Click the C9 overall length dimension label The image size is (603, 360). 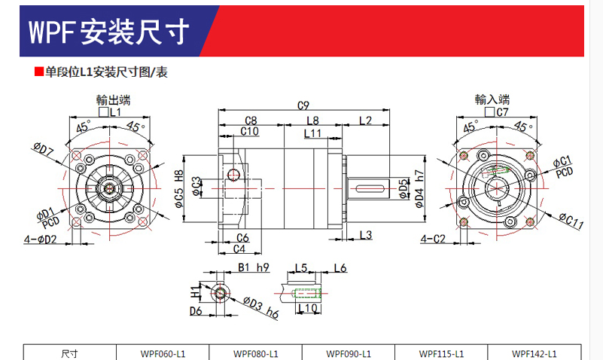[x=303, y=105]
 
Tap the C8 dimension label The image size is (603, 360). [x=251, y=121]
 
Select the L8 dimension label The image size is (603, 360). [x=312, y=121]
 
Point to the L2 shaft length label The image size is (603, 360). [x=365, y=121]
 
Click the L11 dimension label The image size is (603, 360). [x=312, y=133]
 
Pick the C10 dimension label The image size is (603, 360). [x=250, y=131]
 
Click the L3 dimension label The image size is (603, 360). [x=366, y=235]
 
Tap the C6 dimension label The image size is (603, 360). [x=242, y=238]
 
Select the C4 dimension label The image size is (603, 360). [x=239, y=249]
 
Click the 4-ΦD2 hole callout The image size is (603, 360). [x=41, y=239]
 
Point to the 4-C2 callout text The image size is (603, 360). [x=433, y=239]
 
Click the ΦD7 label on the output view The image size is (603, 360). [x=43, y=149]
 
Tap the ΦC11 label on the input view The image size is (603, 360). [x=571, y=221]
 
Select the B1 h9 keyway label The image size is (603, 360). [x=254, y=267]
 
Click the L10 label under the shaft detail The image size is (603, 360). [x=308, y=308]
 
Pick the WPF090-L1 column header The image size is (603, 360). [x=349, y=353]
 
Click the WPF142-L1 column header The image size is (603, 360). [x=534, y=353]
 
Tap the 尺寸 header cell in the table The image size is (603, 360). [x=69, y=353]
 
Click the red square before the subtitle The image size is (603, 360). [x=39, y=72]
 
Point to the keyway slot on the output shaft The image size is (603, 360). [x=370, y=188]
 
